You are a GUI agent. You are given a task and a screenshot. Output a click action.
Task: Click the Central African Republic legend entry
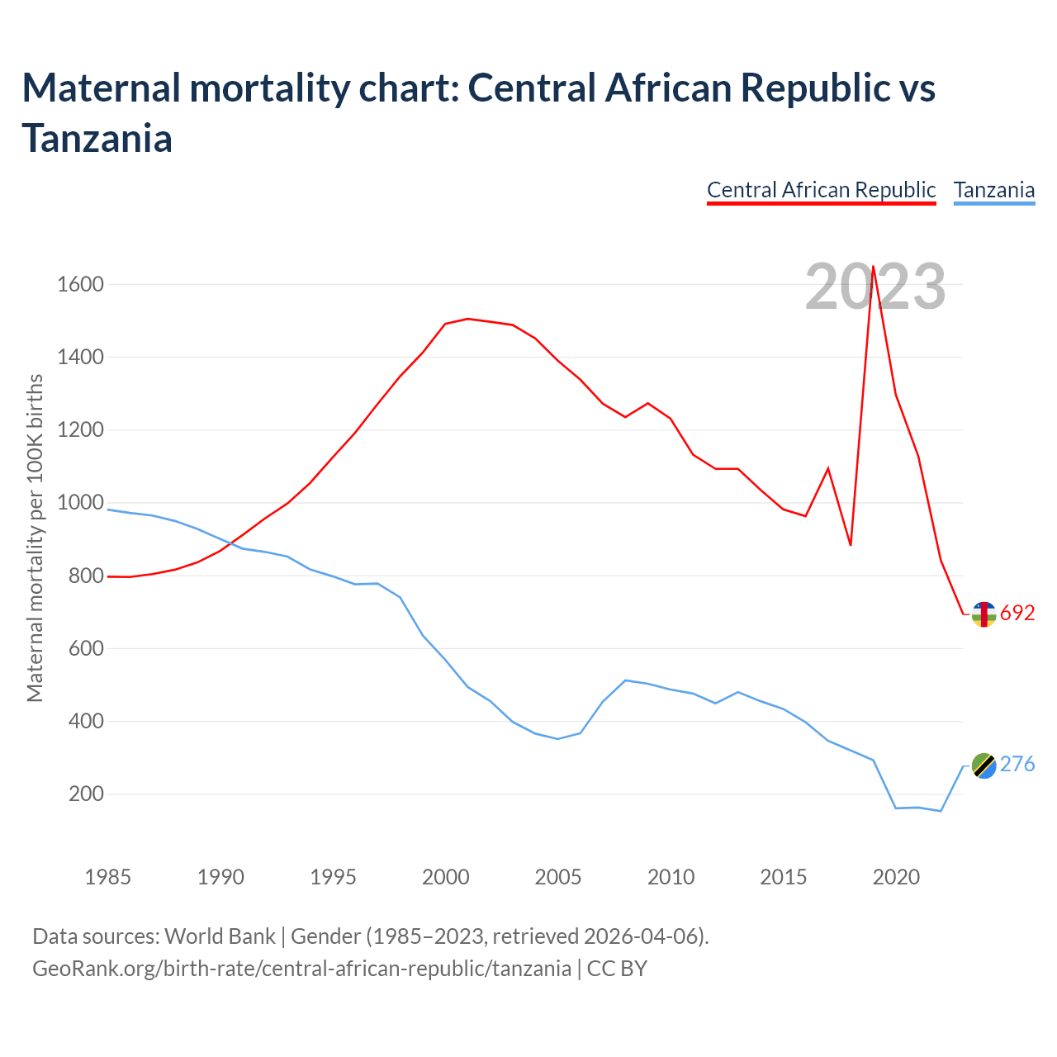point(821,190)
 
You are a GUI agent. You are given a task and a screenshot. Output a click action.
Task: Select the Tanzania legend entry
point(993,190)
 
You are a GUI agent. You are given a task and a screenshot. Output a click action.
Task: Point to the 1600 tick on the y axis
point(80,285)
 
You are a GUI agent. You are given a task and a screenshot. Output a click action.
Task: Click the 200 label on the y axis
point(86,794)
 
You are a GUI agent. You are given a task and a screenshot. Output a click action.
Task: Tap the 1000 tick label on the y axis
point(80,503)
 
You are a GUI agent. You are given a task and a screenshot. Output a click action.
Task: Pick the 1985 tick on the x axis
point(108,876)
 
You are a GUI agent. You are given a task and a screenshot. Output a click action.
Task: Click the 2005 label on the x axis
point(558,876)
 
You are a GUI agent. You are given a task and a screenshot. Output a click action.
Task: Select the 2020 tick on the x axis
point(896,876)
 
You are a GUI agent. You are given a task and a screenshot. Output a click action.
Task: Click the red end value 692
point(1017,614)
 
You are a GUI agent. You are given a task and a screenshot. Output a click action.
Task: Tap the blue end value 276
point(1017,765)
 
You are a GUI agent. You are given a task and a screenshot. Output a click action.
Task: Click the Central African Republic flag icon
point(984,614)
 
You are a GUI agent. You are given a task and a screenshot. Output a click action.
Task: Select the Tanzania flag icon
point(984,765)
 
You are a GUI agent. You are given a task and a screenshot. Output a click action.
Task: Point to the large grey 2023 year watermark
point(875,287)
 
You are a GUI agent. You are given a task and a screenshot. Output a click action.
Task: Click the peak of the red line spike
point(874,267)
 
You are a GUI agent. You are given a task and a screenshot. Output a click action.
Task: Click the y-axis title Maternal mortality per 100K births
point(35,538)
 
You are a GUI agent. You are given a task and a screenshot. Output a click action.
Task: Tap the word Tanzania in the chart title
point(97,137)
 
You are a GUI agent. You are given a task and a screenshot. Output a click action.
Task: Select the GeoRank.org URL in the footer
point(301,968)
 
